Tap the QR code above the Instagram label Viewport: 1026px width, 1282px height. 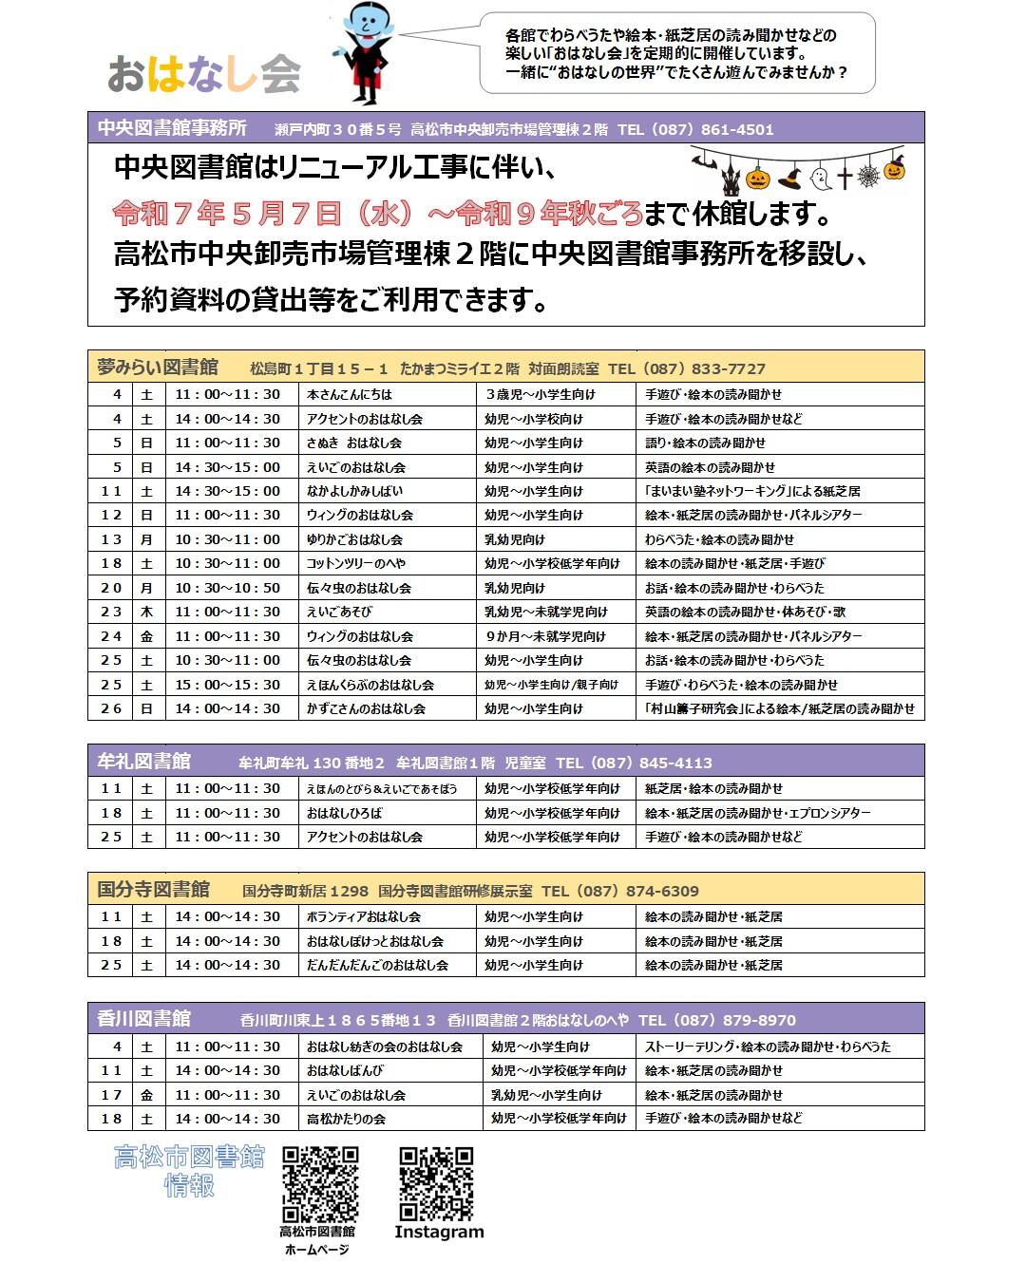(x=436, y=1183)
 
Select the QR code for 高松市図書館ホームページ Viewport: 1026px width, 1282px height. (x=320, y=1184)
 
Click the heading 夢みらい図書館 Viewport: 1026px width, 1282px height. (x=158, y=368)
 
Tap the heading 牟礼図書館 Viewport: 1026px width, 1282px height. (x=144, y=762)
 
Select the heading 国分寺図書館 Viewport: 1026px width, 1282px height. (x=154, y=890)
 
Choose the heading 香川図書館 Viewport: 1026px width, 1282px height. (x=144, y=1019)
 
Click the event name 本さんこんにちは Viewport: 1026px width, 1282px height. (x=350, y=394)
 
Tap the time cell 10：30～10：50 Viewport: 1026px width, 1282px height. (x=227, y=588)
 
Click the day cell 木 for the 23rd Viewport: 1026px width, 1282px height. (x=146, y=612)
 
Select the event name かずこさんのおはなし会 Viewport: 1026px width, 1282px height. (x=366, y=708)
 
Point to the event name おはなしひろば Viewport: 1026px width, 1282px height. (x=344, y=813)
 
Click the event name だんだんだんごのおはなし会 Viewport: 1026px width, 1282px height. (x=377, y=965)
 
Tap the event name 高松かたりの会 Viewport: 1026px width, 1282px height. (x=346, y=1119)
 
